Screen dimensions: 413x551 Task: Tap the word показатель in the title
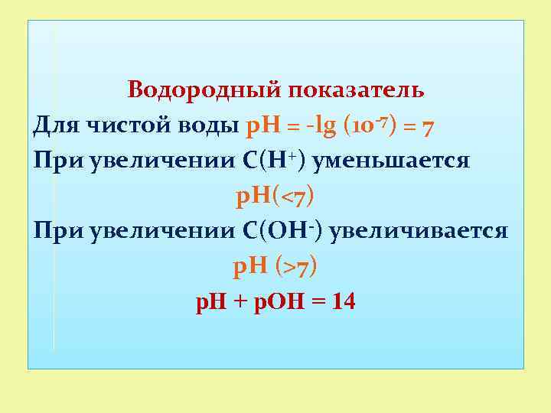pyautogui.click(x=357, y=90)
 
